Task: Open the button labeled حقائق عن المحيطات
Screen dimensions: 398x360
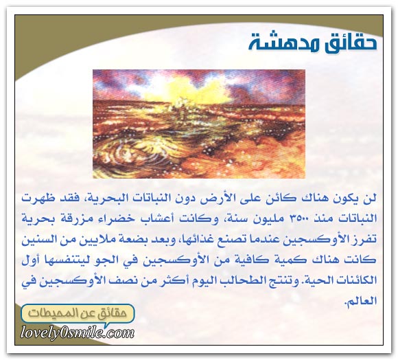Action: (78, 313)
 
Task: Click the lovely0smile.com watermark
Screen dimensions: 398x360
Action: (77, 333)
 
